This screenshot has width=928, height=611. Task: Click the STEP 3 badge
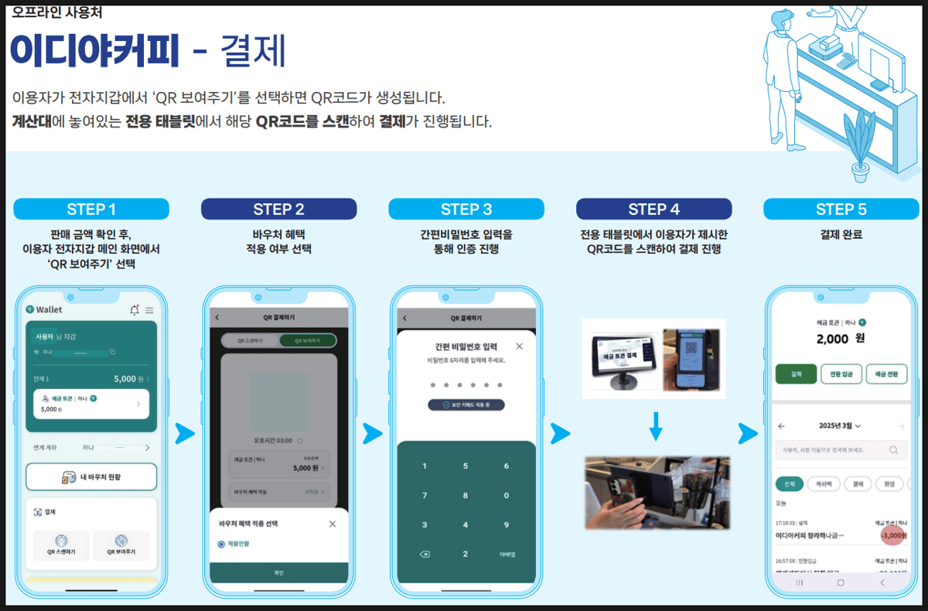[x=466, y=209]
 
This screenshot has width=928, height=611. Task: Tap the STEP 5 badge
[x=841, y=209]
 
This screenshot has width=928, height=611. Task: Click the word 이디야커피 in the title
[x=94, y=50]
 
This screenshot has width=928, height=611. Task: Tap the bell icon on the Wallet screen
[x=135, y=309]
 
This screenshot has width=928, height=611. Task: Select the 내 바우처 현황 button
[x=91, y=477]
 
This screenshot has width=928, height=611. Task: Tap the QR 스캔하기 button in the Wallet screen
[x=61, y=545]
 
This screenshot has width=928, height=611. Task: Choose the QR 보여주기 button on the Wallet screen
[x=121, y=545]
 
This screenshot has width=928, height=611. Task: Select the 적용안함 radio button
[x=221, y=544]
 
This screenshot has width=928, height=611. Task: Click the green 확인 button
[x=278, y=572]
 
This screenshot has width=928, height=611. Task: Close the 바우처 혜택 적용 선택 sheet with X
[x=333, y=524]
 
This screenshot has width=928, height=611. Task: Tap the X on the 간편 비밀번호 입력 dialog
[x=519, y=346]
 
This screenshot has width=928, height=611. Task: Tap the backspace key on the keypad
[x=424, y=554]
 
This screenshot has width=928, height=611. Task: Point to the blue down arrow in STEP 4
[x=656, y=425]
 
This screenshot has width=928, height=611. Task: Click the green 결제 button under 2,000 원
[x=795, y=374]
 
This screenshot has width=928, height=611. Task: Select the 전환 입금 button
[x=841, y=374]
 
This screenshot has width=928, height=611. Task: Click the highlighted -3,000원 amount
[x=892, y=535]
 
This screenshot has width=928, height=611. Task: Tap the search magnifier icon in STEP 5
[x=893, y=449]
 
